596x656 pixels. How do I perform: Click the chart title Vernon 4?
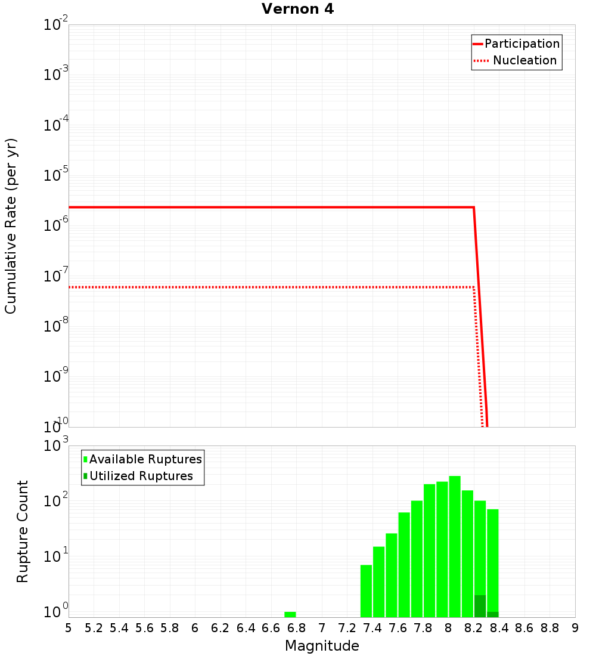pos(297,9)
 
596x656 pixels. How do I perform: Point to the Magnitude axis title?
pos(322,646)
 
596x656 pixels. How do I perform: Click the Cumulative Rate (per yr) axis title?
pos(11,226)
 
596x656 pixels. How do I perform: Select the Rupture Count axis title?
pos(23,531)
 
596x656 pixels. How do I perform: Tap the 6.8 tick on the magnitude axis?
pos(296,628)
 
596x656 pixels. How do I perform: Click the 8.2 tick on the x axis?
pos(474,628)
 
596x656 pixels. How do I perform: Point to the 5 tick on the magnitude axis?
pos(69,628)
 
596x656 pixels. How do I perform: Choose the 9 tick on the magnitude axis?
pos(575,628)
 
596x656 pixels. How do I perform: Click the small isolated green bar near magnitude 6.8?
pos(290,614)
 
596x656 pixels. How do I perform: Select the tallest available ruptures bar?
pos(455,546)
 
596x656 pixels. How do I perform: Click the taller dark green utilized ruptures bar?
pos(480,606)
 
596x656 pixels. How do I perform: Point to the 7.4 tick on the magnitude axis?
pos(372,628)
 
